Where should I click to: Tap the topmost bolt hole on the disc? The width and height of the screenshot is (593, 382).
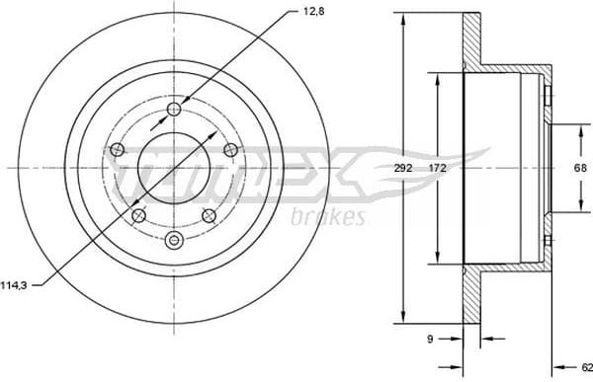(x=175, y=110)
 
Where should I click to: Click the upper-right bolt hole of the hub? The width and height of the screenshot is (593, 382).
(x=231, y=149)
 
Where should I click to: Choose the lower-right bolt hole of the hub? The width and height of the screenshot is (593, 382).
(x=209, y=215)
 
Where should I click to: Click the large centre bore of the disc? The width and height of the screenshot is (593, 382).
(x=175, y=168)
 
